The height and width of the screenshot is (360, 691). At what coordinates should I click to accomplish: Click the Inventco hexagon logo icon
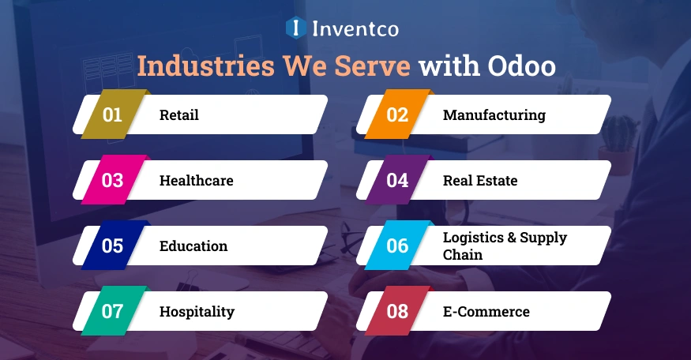295,29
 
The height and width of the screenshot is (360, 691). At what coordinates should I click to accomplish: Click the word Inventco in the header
355,29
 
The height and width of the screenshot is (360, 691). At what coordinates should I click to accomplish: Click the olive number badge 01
113,115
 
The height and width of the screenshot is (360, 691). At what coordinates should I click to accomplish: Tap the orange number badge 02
397,115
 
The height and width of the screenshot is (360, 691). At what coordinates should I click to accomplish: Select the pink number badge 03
113,181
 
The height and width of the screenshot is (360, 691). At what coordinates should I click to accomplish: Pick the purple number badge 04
397,181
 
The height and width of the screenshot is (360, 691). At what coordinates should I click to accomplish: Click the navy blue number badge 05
113,246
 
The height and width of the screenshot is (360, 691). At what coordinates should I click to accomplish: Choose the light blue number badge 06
397,246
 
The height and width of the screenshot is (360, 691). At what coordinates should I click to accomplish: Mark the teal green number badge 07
113,311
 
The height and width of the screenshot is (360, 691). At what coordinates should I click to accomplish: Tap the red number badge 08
397,311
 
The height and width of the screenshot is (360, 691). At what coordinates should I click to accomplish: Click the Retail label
179,115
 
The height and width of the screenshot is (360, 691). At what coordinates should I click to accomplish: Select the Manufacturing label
494,115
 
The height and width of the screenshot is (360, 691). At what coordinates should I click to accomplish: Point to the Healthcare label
197,181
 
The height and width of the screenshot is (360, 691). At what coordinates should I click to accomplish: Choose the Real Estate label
480,181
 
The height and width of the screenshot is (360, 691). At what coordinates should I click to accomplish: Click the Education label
193,246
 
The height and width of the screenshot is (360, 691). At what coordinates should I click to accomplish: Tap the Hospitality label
197,312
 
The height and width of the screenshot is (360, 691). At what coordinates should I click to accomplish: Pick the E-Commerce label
486,312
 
